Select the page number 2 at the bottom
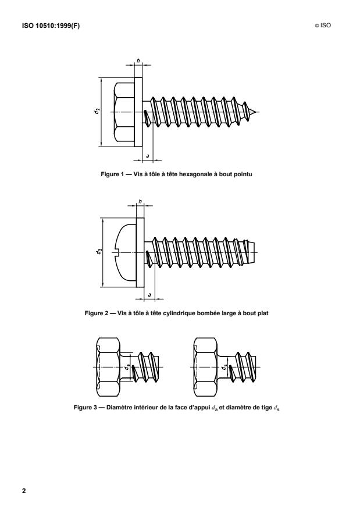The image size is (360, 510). click(24, 490)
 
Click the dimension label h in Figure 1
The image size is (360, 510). click(138, 60)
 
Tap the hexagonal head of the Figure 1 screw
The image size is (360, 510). click(123, 112)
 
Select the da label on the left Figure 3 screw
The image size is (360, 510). click(127, 368)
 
